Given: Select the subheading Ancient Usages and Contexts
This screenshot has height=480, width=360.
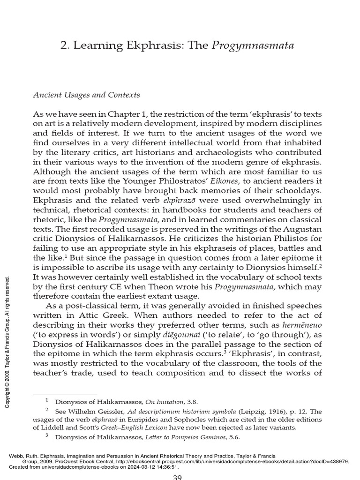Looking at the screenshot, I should point(86,95).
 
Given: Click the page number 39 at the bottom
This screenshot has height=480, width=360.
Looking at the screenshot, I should point(180,477).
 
